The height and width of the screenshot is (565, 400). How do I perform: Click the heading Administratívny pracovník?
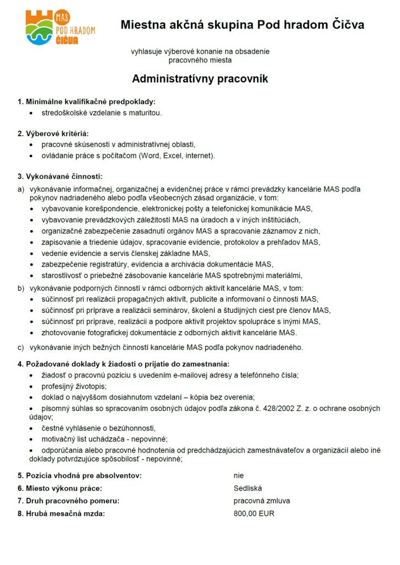[x=200, y=79]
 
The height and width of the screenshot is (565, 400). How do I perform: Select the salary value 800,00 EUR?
[x=254, y=514]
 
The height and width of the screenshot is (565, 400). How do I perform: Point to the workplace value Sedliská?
[x=248, y=488]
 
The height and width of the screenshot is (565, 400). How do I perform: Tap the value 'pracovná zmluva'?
[x=262, y=501]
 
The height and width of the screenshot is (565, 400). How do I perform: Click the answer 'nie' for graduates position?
[x=238, y=475]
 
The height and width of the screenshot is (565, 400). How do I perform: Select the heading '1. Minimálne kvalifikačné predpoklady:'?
[x=86, y=102]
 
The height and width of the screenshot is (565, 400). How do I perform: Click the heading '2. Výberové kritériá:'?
[x=53, y=134]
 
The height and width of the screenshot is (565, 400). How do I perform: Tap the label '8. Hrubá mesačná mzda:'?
[x=61, y=514]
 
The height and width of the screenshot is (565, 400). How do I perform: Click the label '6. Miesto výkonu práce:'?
[x=60, y=488]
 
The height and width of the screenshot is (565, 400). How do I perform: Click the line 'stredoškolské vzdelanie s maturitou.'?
[x=102, y=113]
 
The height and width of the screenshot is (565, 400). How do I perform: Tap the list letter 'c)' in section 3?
[x=21, y=348]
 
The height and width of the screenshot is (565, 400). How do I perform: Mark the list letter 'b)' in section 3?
[x=21, y=288]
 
